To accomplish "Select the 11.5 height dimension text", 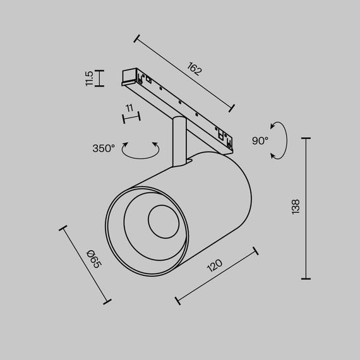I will tap(89, 78).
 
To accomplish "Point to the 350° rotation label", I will tap(104, 149).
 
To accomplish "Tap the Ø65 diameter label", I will tap(94, 258).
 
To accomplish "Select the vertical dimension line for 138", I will tap(307, 208).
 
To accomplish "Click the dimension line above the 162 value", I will tap(184, 73).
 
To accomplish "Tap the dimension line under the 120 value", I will tap(217, 275).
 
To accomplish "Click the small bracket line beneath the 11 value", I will tap(130, 117).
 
